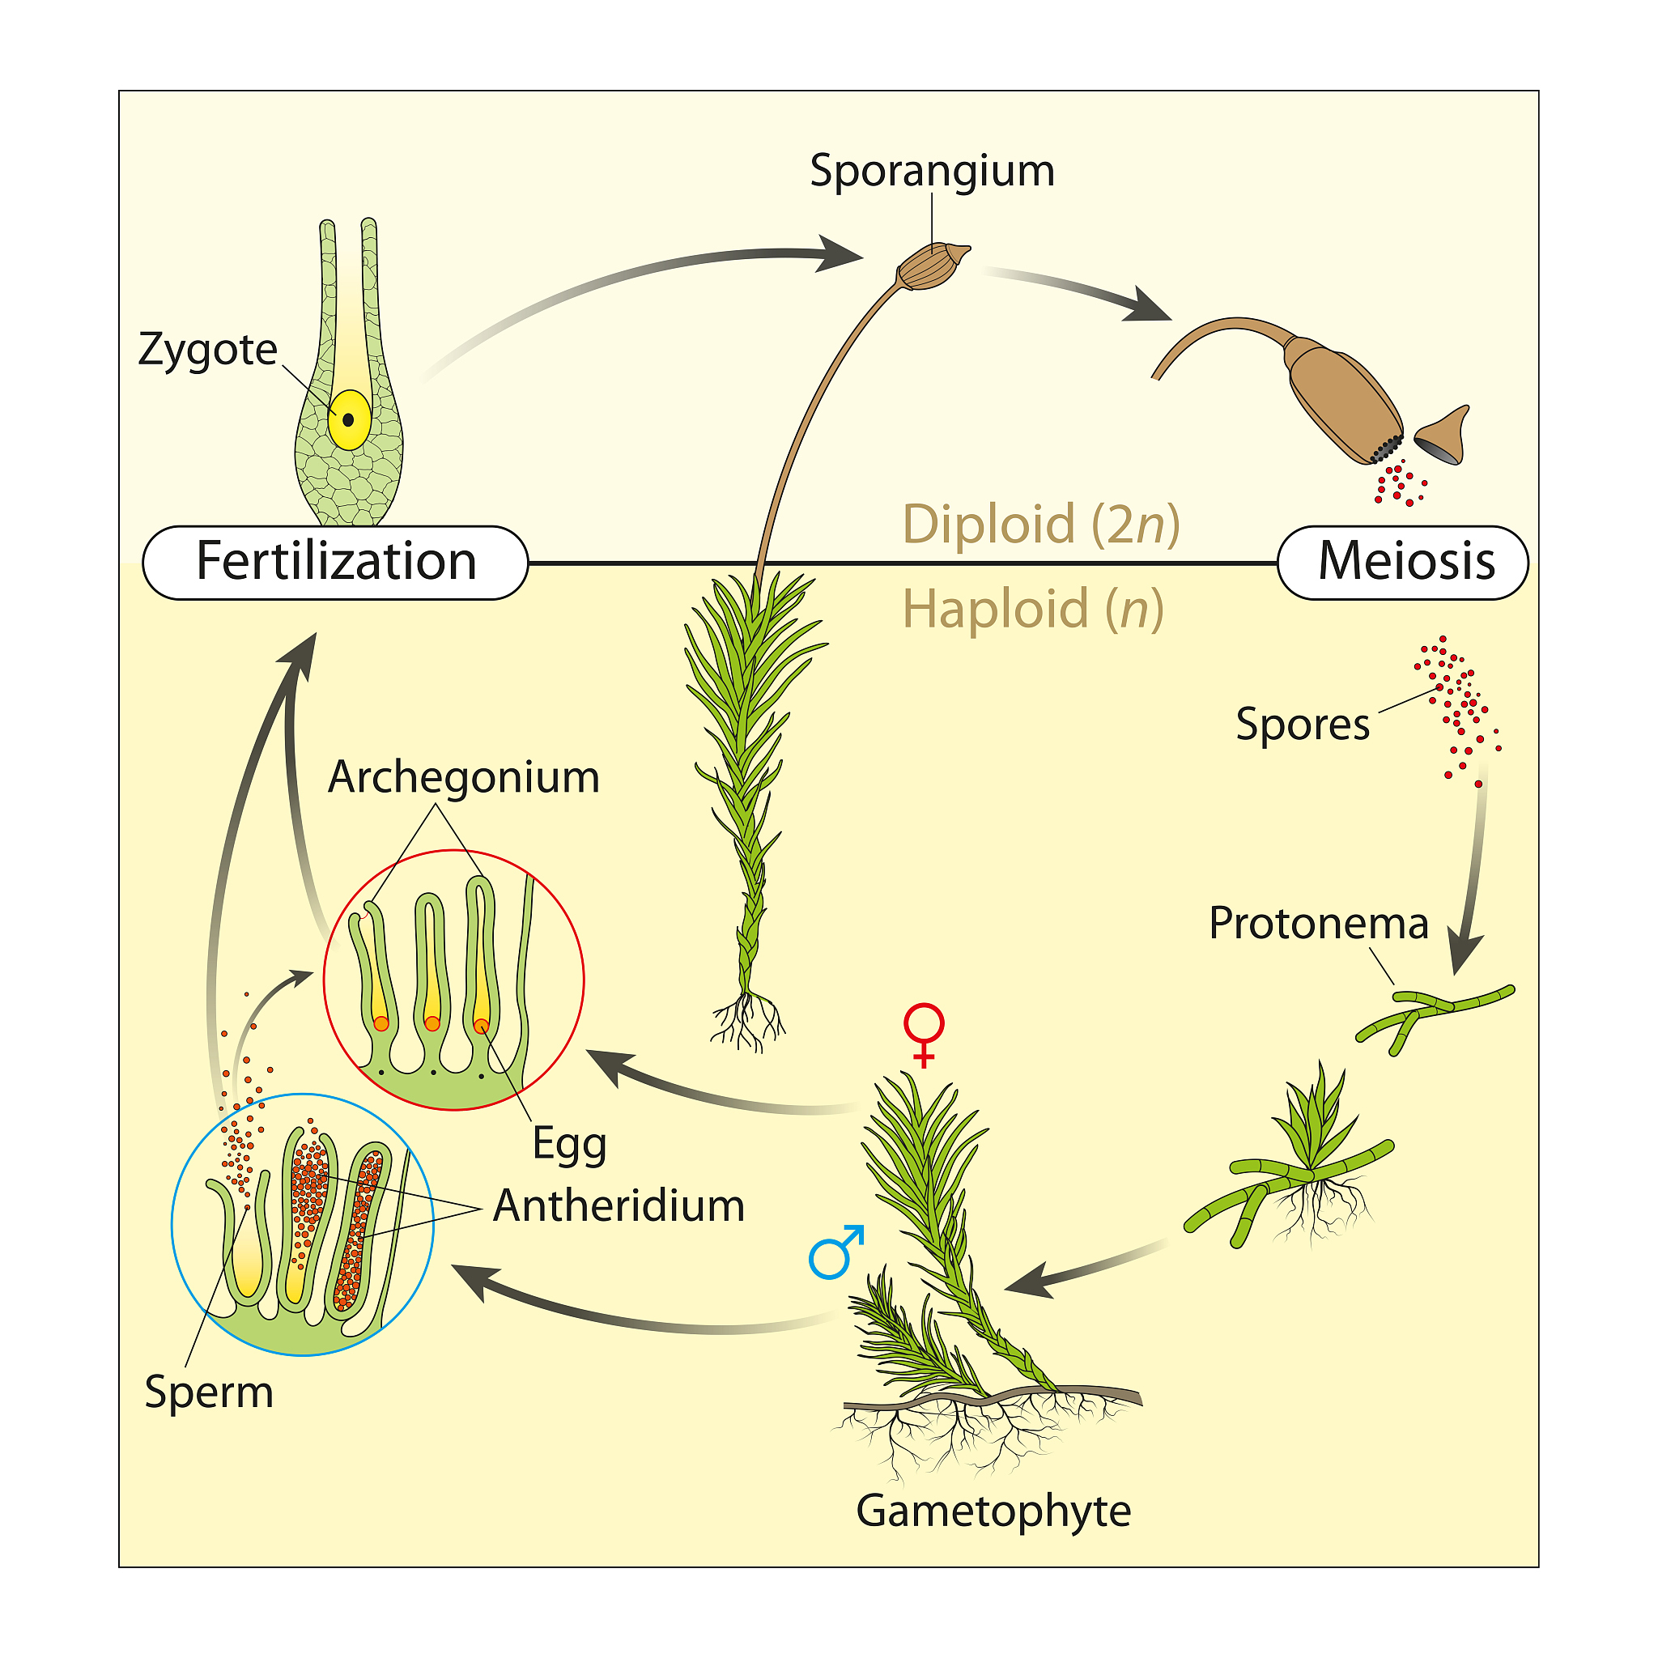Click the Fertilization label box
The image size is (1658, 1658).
pos(334,562)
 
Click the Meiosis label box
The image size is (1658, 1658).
pos(1402,562)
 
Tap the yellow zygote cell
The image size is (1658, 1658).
pos(349,419)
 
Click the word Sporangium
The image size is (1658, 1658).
pos(932,171)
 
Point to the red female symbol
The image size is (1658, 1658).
pos(924,1032)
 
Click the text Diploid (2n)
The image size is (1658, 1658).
pos(1040,525)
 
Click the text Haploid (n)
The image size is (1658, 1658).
pos(1032,610)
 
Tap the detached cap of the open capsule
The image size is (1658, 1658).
pos(1444,436)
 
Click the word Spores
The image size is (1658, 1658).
pos(1302,725)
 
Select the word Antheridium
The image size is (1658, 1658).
pos(618,1205)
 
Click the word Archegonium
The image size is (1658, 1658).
pos(463,777)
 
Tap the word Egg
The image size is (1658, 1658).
pos(569,1144)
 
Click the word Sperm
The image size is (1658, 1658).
pos(209,1391)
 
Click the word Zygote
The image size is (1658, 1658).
pos(208,350)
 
